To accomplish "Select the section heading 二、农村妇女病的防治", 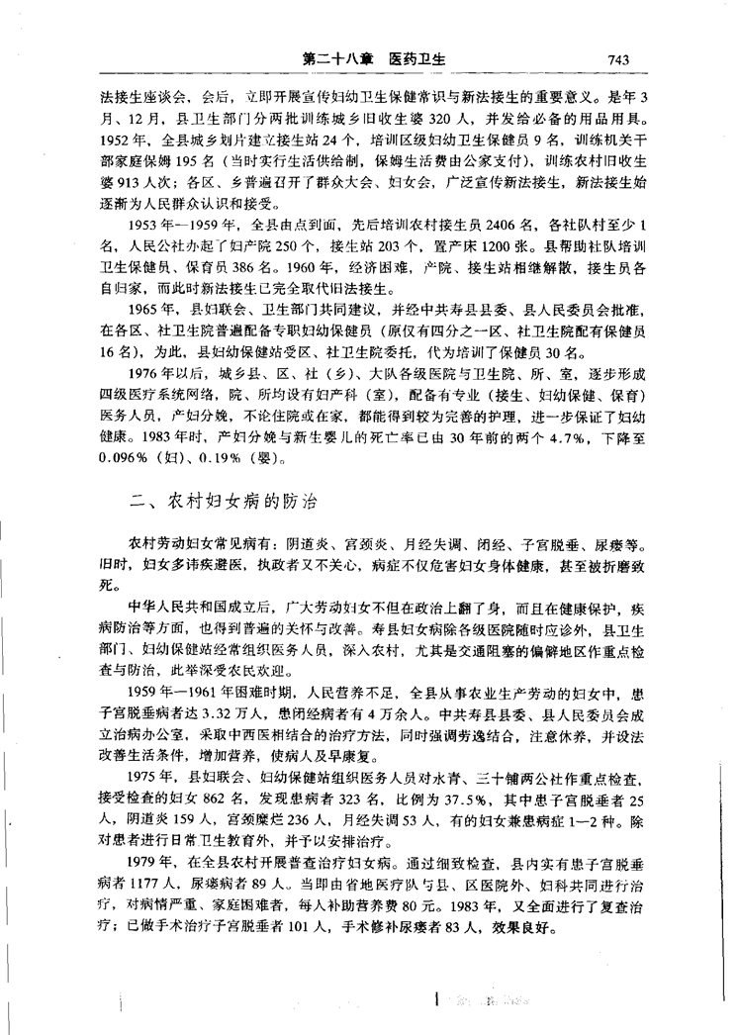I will coord(224,502).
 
